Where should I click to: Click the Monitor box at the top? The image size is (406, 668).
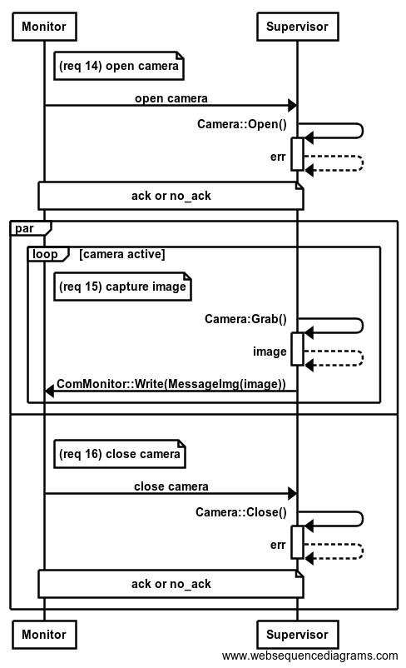(x=44, y=27)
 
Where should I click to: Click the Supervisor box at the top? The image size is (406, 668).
(x=298, y=27)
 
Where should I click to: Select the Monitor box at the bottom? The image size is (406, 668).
(x=44, y=635)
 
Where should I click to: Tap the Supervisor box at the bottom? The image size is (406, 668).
(x=298, y=635)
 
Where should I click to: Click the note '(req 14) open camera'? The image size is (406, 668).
(x=119, y=66)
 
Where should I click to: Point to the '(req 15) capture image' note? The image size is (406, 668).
(x=122, y=287)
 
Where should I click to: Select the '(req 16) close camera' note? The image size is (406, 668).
(x=120, y=454)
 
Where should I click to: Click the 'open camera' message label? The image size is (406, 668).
(x=171, y=98)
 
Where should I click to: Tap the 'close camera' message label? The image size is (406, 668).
(x=171, y=486)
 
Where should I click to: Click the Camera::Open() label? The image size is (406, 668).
(x=242, y=124)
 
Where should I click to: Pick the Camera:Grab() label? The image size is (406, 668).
(x=245, y=319)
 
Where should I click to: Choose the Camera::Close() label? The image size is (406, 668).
(x=241, y=512)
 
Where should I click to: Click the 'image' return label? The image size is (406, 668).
(x=270, y=351)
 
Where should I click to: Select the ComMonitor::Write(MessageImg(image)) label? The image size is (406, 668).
(x=171, y=384)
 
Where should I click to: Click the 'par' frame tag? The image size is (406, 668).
(x=24, y=229)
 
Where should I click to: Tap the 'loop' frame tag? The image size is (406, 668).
(x=45, y=254)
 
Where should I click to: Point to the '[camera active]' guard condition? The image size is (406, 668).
(x=121, y=254)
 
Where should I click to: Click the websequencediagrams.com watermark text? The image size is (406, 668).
(x=309, y=656)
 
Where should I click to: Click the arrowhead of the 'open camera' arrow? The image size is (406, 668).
(x=292, y=106)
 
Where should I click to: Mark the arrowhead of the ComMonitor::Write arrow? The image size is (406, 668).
(x=49, y=391)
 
